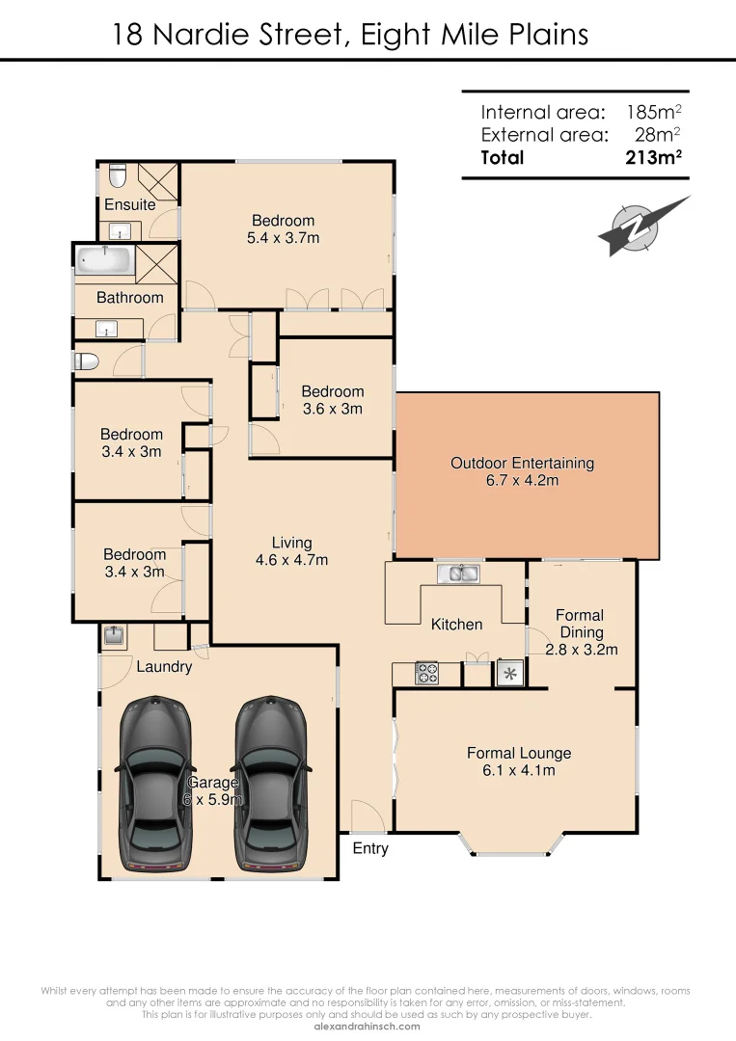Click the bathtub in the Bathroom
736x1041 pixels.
tap(105, 261)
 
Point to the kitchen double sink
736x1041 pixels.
tap(457, 574)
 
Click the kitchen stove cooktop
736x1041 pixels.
tap(426, 674)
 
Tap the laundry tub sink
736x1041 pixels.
tap(113, 636)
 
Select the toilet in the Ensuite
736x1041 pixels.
tap(117, 177)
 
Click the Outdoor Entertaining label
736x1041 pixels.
tap(522, 471)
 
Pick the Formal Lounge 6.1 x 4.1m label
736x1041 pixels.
tap(519, 761)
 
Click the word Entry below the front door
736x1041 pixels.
tap(370, 848)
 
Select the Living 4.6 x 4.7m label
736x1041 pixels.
tap(291, 551)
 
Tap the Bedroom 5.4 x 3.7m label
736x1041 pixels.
tap(284, 229)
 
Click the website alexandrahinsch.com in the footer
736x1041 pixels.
tap(368, 1027)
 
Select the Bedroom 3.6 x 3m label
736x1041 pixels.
tap(332, 400)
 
